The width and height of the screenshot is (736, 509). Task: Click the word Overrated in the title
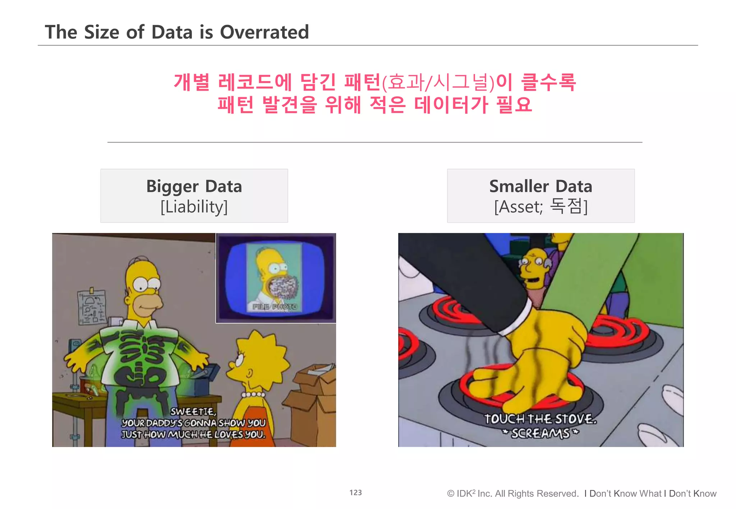pos(264,32)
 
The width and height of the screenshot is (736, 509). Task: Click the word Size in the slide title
pos(101,32)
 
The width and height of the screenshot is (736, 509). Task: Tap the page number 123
pos(355,492)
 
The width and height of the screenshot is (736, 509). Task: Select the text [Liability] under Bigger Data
pos(194,207)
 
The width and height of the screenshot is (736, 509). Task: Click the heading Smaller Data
pos(540,186)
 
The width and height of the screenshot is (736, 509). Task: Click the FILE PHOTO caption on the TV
pos(274,307)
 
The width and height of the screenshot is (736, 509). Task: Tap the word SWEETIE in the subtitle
pos(193,411)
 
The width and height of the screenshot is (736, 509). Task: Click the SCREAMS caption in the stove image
pos(540,433)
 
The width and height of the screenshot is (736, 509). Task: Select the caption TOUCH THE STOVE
pos(540,419)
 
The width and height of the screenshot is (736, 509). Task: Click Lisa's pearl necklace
pos(253,394)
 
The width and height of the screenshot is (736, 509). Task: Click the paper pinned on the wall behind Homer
pos(92,307)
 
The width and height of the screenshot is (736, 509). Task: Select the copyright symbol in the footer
pos(450,494)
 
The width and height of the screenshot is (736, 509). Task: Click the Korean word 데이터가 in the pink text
pos(451,105)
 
